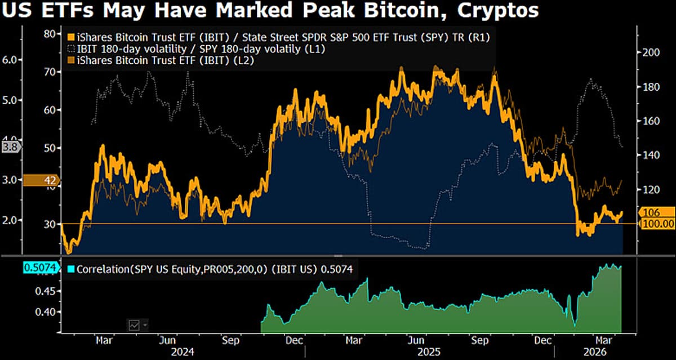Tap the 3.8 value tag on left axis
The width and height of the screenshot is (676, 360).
tap(10, 148)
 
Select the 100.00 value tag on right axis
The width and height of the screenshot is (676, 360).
tap(656, 224)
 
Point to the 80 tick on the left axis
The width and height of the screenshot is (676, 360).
tap(51, 34)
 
